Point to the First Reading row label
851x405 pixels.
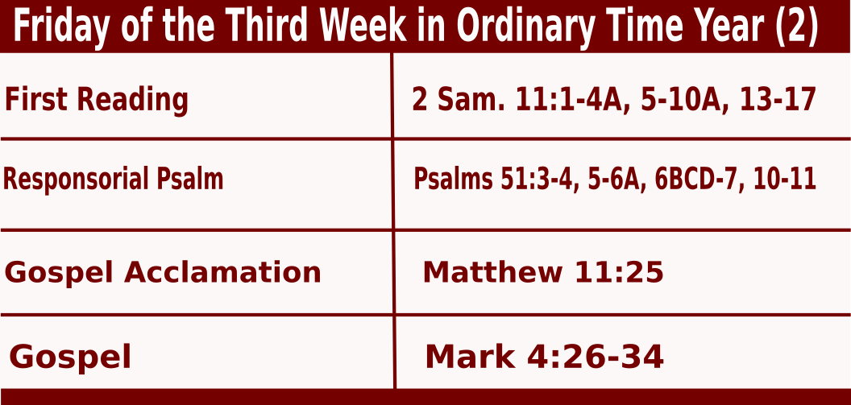97,101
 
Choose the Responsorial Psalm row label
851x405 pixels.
114,179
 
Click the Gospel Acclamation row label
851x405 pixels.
163,271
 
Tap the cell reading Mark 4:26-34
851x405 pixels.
544,357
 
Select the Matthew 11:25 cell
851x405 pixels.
543,271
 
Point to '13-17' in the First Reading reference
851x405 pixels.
778,100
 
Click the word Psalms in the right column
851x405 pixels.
454,180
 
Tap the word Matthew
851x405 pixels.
492,271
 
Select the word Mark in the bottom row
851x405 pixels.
470,357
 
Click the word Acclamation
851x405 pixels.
222,271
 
